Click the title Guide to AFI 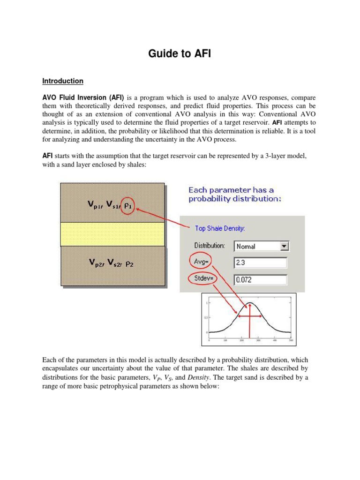(180, 54)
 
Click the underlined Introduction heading (63, 81)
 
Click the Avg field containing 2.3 (260, 263)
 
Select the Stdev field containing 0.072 (260, 280)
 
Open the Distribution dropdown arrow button (284, 246)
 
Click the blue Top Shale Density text (220, 228)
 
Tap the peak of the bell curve (249, 303)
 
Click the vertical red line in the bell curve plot (249, 323)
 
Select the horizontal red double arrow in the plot (249, 316)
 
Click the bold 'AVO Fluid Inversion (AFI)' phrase (83, 98)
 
